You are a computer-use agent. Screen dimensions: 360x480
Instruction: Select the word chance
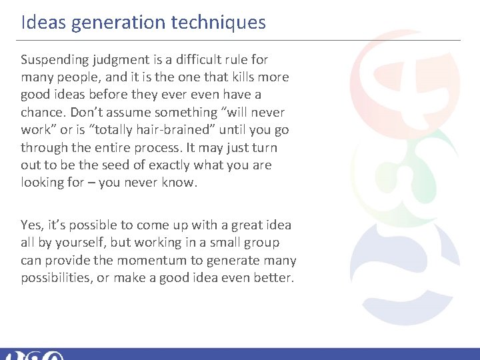pos(41,112)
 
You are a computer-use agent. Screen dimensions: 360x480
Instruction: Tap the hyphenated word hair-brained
pos(137,129)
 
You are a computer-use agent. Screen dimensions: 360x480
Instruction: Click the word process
pos(157,147)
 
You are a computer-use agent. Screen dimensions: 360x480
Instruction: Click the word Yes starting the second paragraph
pos(31,225)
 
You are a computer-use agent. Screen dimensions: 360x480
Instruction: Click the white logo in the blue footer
pos(33,355)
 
